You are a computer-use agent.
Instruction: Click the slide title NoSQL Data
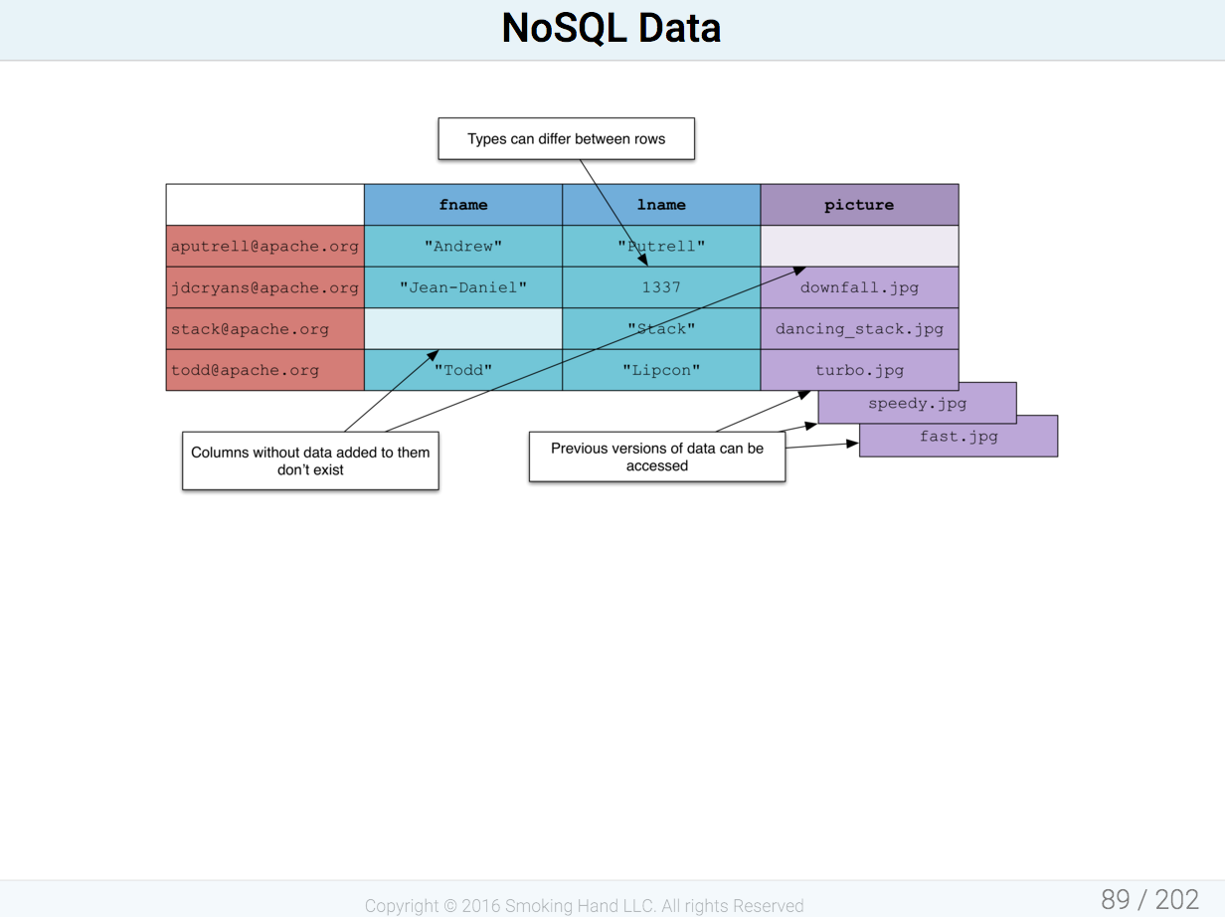click(612, 28)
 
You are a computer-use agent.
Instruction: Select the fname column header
click(463, 205)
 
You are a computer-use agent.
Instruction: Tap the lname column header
click(661, 205)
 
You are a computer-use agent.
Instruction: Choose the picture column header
click(859, 205)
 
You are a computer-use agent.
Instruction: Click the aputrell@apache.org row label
click(265, 246)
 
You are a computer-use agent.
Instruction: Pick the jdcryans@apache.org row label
click(265, 287)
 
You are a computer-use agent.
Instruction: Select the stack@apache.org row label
click(265, 329)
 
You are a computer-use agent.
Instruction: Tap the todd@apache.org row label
click(265, 370)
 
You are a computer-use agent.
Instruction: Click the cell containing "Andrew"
click(463, 246)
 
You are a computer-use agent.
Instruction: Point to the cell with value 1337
click(661, 287)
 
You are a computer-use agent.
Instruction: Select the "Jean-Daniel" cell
click(463, 287)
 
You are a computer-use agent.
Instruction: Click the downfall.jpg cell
click(859, 287)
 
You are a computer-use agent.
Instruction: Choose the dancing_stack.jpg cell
click(859, 329)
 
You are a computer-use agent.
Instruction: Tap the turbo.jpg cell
click(859, 370)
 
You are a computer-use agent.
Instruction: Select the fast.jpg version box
click(959, 436)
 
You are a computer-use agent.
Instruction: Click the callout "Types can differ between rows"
click(567, 138)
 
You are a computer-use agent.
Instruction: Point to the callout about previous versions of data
click(657, 457)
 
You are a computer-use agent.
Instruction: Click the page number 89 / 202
click(1149, 899)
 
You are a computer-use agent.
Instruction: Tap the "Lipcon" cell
click(661, 370)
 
